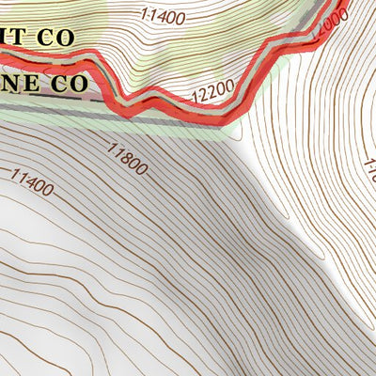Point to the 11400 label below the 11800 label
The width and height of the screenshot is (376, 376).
31,181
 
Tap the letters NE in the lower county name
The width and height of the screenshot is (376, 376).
20,83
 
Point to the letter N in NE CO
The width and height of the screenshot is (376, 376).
11,83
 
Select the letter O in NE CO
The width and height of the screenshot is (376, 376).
79,83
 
